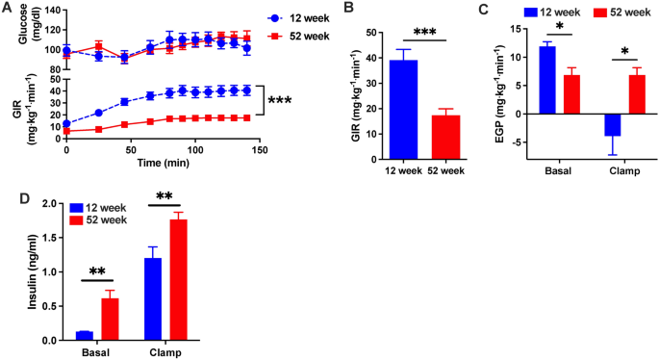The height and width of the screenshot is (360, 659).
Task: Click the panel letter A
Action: pyautogui.click(x=7, y=8)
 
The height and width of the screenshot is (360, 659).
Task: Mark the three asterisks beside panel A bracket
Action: pyautogui.click(x=281, y=100)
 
